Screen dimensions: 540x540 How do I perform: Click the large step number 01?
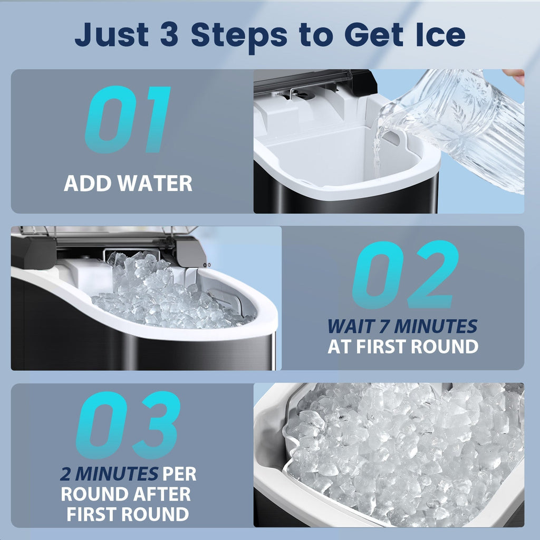pyautogui.click(x=128, y=120)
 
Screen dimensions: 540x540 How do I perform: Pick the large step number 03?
pyautogui.click(x=128, y=425)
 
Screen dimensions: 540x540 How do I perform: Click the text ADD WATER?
pyautogui.click(x=128, y=184)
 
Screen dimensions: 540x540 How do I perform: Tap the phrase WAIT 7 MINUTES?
pyautogui.click(x=402, y=326)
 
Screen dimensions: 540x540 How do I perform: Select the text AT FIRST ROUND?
pyautogui.click(x=403, y=346)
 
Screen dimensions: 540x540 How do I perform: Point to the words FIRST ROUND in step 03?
pyautogui.click(x=128, y=514)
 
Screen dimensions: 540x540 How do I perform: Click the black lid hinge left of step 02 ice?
pyautogui.click(x=33, y=252)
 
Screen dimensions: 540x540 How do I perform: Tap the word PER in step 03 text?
pyautogui.click(x=179, y=474)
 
